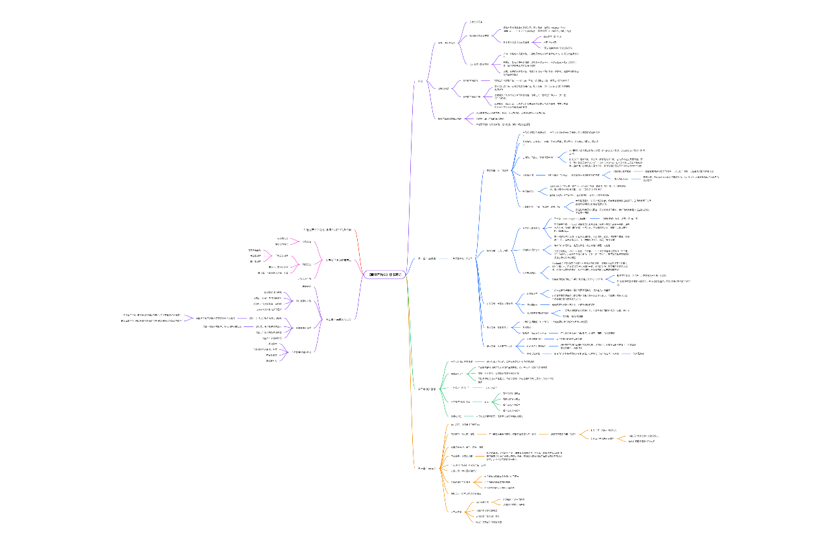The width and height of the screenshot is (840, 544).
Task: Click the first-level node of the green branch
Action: coord(426,388)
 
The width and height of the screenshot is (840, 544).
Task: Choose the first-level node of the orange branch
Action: coord(425,467)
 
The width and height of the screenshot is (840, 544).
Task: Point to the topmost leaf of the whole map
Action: coord(476,22)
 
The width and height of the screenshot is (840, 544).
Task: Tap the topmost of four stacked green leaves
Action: coord(511,393)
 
